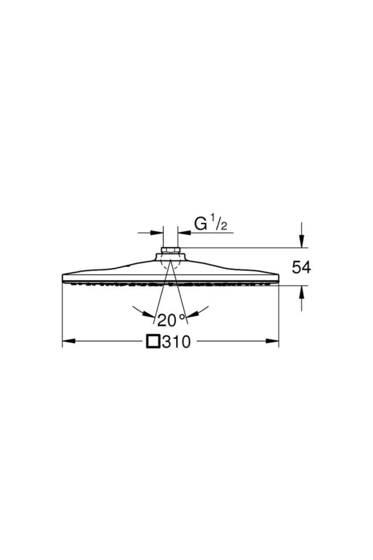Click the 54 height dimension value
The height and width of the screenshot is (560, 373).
(301, 267)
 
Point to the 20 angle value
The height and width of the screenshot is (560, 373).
(167, 320)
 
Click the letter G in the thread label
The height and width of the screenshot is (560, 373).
(201, 224)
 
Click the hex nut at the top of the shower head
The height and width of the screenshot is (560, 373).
(170, 250)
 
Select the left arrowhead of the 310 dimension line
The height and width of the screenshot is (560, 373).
(69, 341)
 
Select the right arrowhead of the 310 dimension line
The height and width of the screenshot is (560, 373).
(272, 341)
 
